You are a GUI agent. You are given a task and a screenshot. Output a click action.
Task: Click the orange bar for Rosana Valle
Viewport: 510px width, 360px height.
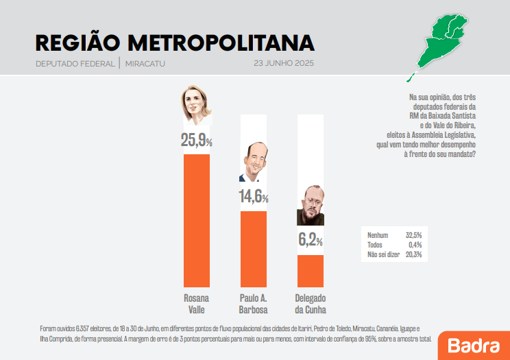point(197,220)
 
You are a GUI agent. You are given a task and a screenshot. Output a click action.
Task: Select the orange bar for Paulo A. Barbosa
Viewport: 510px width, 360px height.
point(253,248)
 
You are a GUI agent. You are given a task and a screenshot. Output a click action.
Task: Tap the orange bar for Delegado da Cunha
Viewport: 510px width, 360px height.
point(310,270)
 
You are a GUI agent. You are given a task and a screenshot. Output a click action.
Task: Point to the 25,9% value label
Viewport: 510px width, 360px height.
point(196,141)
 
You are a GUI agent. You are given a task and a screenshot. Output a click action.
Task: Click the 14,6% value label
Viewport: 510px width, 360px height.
point(253,197)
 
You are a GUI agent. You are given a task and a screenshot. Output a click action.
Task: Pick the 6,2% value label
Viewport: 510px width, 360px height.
point(310,241)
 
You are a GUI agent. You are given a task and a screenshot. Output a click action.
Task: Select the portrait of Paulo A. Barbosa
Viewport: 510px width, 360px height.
point(253,162)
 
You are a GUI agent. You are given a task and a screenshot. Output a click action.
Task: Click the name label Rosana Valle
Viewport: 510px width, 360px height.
point(196,304)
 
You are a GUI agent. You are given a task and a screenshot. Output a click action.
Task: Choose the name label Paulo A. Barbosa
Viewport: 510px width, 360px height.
point(253,304)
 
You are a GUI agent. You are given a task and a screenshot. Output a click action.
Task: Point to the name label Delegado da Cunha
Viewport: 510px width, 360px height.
point(310,304)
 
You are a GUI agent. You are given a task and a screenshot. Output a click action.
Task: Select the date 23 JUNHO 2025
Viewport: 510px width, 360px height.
point(283,64)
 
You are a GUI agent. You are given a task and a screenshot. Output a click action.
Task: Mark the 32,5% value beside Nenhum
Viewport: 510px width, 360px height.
point(413,235)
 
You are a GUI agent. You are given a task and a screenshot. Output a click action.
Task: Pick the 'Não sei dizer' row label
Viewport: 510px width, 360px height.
point(383,254)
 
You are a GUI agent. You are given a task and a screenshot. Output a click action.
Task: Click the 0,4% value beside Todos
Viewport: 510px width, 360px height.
point(414,245)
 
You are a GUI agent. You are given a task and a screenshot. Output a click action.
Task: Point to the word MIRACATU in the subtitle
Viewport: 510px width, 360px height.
point(145,64)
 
